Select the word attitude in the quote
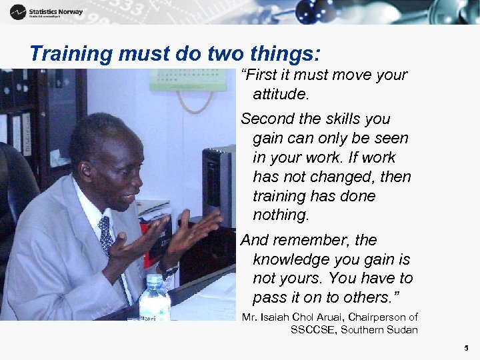(x=281, y=94)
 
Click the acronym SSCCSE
(x=313, y=329)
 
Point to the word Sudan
(x=402, y=329)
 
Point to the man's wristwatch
(x=167, y=270)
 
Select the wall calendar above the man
(x=178, y=79)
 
